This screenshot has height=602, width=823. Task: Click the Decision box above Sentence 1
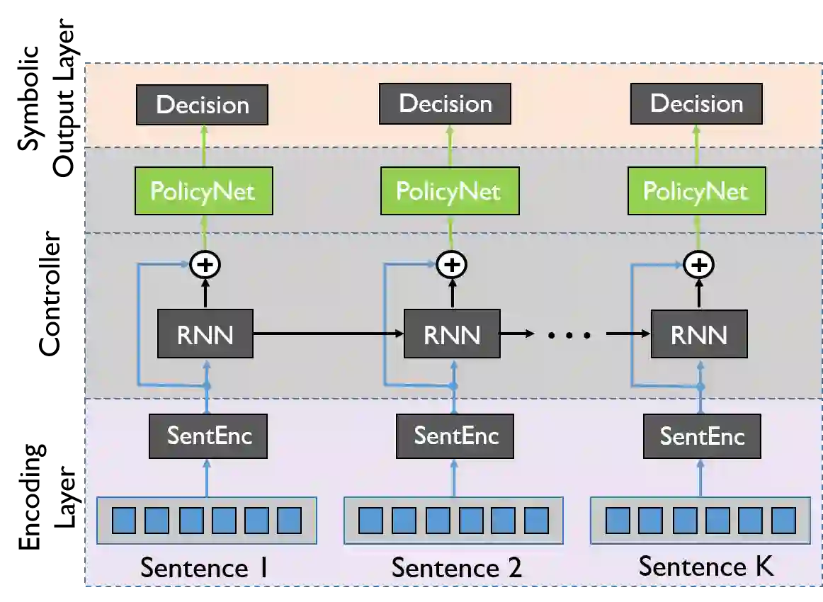[202, 105]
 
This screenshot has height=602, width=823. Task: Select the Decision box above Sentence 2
[445, 103]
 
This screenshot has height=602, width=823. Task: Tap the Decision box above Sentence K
[696, 103]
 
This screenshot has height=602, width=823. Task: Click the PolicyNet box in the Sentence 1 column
[203, 191]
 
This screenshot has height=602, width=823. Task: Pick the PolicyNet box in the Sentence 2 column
[449, 191]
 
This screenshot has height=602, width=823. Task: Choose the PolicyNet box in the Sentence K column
[696, 191]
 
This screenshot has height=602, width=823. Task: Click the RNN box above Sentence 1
[205, 334]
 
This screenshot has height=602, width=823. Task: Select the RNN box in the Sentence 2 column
[451, 334]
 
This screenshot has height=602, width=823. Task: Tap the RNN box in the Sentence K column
[698, 334]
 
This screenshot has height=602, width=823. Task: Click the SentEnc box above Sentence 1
[209, 435]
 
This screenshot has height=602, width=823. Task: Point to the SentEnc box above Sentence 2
[455, 435]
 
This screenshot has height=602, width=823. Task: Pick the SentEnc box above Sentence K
[702, 436]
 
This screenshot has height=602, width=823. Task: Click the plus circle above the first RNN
[205, 265]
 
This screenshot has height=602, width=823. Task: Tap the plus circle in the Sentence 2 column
[451, 265]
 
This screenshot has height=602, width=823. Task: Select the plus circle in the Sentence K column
[699, 265]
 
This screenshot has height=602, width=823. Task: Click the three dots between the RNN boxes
[569, 334]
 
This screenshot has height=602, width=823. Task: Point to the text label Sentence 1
[204, 567]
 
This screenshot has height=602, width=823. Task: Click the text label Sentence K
[705, 566]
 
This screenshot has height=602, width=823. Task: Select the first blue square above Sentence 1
[125, 521]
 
